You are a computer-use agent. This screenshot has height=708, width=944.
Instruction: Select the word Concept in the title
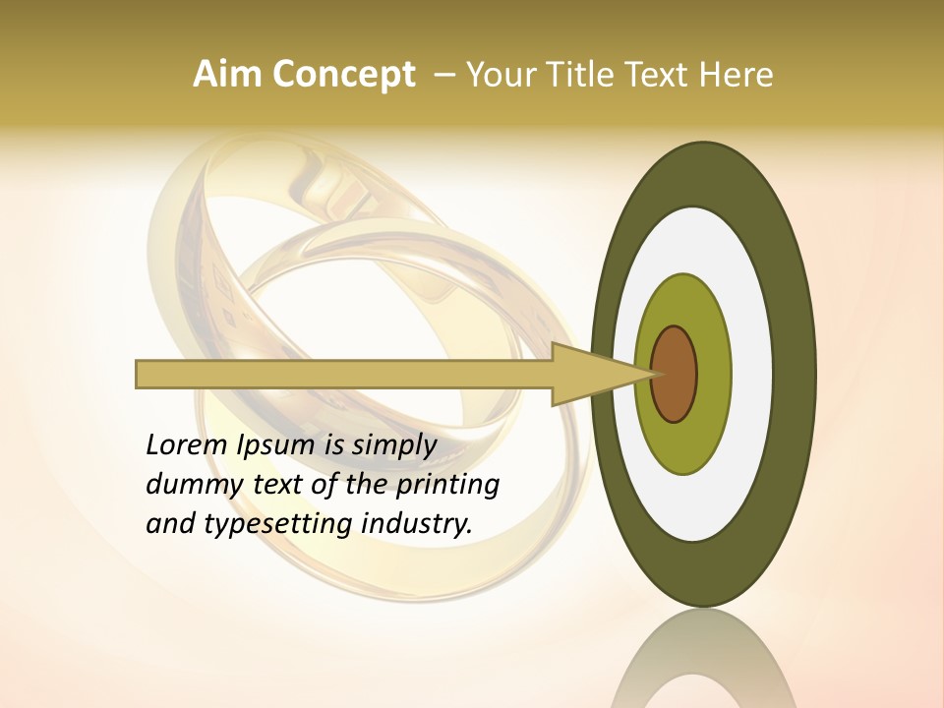pos(344,75)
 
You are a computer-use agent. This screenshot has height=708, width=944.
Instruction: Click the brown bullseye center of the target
pos(675,375)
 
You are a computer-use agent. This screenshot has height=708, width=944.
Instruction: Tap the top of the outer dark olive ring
pos(704,173)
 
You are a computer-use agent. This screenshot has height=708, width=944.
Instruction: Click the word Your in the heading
pos(497,75)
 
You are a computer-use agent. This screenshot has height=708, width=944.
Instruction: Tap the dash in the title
pos(444,75)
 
